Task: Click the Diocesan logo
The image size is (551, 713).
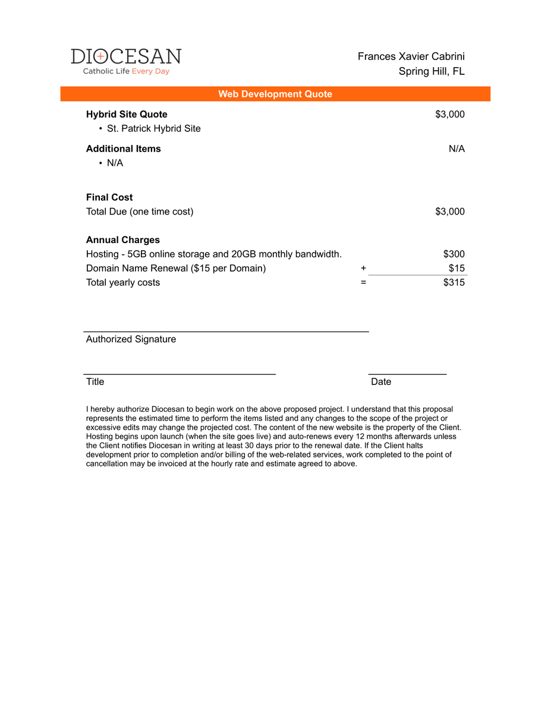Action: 126,57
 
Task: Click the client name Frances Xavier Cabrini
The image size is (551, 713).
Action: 411,56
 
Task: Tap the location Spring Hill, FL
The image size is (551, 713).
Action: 432,71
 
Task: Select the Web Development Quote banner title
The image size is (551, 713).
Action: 275,94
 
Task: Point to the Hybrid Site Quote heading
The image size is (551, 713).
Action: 127,114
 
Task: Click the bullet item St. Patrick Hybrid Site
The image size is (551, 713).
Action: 153,128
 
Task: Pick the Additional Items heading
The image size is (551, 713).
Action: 123,149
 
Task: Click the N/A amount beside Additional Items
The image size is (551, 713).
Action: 456,149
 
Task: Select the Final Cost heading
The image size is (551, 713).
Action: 109,197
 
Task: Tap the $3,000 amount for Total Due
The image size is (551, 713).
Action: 450,212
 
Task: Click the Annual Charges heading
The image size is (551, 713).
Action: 123,240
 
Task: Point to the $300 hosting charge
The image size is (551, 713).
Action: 454,254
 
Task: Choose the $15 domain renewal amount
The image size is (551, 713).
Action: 456,268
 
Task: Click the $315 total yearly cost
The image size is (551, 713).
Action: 454,282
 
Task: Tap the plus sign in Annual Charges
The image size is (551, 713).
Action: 363,269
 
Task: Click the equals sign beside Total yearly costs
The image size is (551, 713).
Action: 363,283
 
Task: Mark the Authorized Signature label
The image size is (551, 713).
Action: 131,339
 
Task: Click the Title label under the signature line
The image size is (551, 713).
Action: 95,381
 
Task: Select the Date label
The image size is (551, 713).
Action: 381,381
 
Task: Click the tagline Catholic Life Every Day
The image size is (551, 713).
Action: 126,71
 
